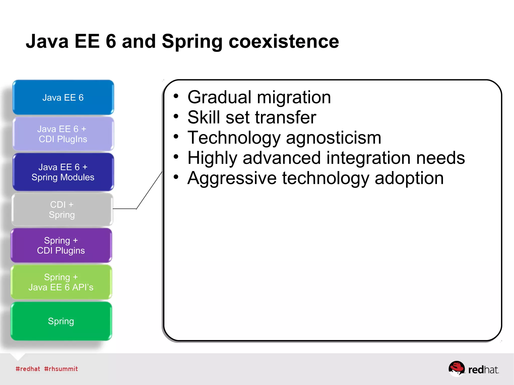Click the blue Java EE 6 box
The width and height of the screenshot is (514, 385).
coord(63,98)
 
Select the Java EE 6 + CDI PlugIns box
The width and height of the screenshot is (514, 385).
coord(63,134)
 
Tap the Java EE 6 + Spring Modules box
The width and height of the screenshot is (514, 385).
coord(63,172)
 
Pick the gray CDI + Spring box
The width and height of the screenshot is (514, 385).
coord(62,210)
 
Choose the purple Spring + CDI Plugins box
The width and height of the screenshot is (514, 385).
coord(61,245)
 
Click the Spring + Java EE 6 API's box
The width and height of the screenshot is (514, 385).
coord(61,282)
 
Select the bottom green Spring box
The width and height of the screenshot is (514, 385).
coord(61,321)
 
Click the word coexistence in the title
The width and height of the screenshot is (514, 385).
coord(284,41)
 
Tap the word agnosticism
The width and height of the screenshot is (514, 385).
coord(334,138)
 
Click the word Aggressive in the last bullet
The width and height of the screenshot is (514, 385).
coord(232,178)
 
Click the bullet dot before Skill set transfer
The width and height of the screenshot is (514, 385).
coord(176,116)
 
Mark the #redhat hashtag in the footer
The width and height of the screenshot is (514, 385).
coord(28,369)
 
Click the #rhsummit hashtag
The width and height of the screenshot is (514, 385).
coord(61,369)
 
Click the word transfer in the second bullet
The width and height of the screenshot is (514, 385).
coord(286,117)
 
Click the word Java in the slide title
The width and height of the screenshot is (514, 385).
coord(47,41)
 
